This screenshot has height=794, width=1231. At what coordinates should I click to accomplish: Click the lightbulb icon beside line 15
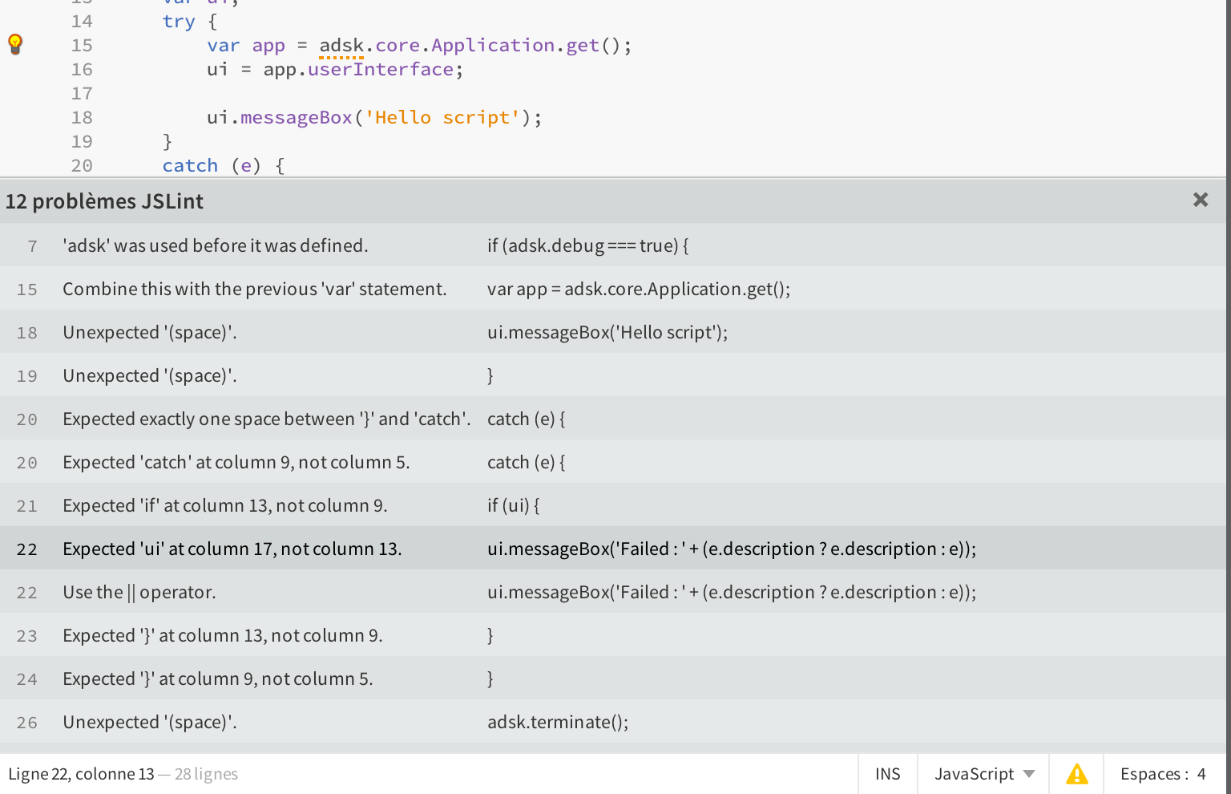pyautogui.click(x=15, y=44)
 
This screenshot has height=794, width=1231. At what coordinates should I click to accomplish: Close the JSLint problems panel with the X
pyautogui.click(x=1200, y=200)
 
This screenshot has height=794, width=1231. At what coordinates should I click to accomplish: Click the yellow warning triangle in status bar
pyautogui.click(x=1076, y=774)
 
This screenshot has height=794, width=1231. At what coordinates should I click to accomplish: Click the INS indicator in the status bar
pyautogui.click(x=887, y=774)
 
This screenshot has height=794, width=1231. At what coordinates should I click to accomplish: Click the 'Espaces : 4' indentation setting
pyautogui.click(x=1162, y=774)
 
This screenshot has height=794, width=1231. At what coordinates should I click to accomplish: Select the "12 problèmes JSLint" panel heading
pyautogui.click(x=105, y=201)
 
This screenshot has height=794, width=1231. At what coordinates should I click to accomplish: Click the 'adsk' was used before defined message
pyautogui.click(x=216, y=246)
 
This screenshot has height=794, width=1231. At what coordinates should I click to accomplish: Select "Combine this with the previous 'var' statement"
pyautogui.click(x=254, y=290)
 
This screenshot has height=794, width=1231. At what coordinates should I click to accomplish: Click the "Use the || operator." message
pyautogui.click(x=139, y=593)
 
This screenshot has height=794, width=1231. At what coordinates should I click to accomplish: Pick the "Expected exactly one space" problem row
pyautogui.click(x=266, y=419)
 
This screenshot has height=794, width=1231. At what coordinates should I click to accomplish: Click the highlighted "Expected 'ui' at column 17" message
pyautogui.click(x=232, y=549)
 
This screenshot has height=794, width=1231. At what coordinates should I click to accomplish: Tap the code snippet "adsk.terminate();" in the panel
pyautogui.click(x=558, y=723)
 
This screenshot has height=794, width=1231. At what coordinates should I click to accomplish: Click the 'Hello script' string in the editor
pyautogui.click(x=442, y=118)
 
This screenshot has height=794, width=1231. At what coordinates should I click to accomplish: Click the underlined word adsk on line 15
pyautogui.click(x=341, y=46)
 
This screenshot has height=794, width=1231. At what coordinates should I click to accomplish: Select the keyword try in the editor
pyautogui.click(x=179, y=22)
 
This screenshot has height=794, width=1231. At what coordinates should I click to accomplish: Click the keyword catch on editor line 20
pyautogui.click(x=190, y=166)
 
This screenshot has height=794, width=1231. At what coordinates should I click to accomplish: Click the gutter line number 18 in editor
pyautogui.click(x=82, y=118)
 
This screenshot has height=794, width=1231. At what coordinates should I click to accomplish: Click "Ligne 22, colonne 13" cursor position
pyautogui.click(x=81, y=774)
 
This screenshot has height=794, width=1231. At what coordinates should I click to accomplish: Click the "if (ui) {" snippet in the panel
pyautogui.click(x=514, y=506)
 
